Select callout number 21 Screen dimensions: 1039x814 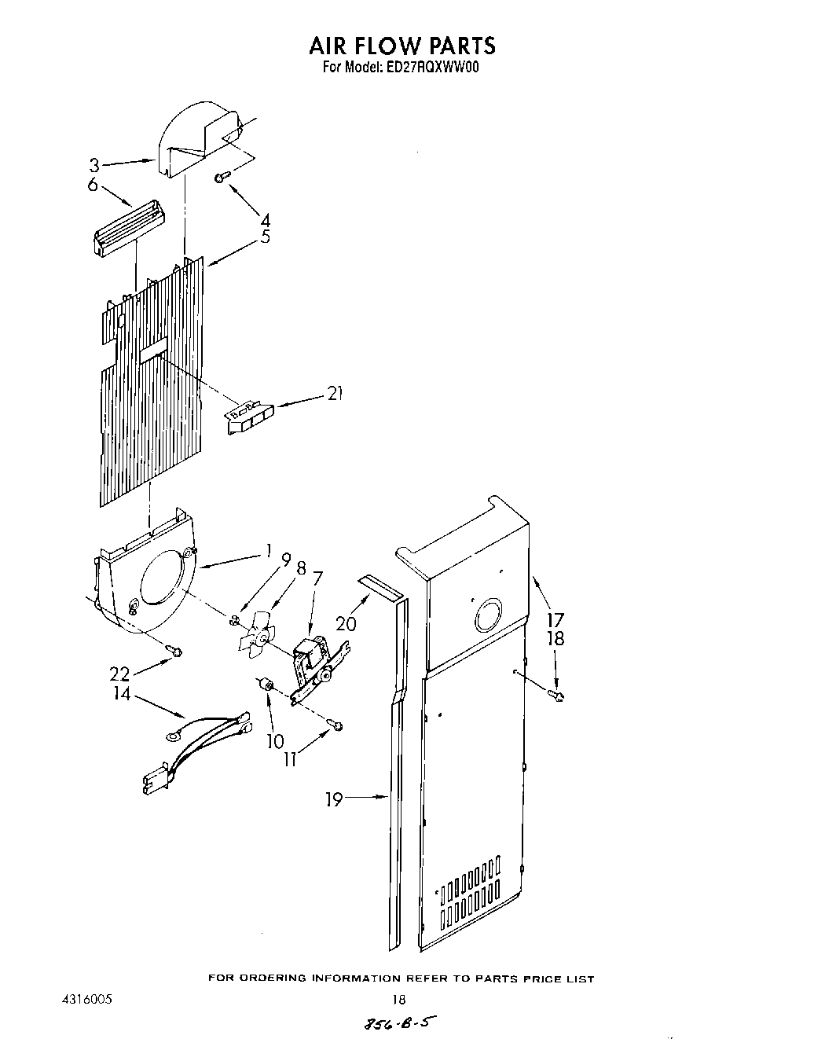click(335, 394)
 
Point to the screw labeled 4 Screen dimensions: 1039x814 click(222, 178)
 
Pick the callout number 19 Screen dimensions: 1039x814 click(334, 800)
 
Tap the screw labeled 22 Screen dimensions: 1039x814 click(174, 649)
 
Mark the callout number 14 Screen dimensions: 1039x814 click(123, 694)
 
